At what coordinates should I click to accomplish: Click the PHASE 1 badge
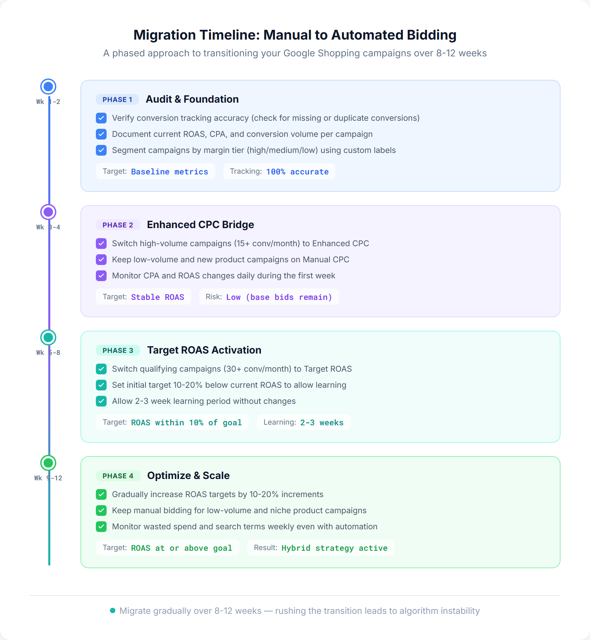click(117, 100)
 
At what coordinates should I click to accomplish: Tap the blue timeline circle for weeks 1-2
click(48, 87)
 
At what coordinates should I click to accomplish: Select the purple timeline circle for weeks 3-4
click(48, 212)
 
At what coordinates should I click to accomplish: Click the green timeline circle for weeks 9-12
click(48, 463)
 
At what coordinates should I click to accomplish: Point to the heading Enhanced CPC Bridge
click(200, 225)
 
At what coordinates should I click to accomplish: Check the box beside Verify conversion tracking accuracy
click(101, 118)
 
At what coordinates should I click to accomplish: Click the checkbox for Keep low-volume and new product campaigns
click(101, 260)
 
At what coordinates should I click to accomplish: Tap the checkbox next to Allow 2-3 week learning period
click(101, 401)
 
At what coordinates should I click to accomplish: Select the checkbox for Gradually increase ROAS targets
click(101, 494)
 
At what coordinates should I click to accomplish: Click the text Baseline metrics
click(169, 172)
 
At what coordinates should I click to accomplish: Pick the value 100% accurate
click(297, 172)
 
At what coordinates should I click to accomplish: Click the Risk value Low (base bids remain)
click(279, 297)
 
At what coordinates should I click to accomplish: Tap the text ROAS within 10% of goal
click(186, 423)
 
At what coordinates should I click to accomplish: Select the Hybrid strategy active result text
click(334, 548)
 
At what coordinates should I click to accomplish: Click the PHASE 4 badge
click(118, 476)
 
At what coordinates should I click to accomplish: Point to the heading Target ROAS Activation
click(204, 350)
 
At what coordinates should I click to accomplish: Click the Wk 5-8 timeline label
click(48, 353)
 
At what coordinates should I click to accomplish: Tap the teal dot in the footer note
click(113, 610)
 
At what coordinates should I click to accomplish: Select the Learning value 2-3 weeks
click(321, 423)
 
